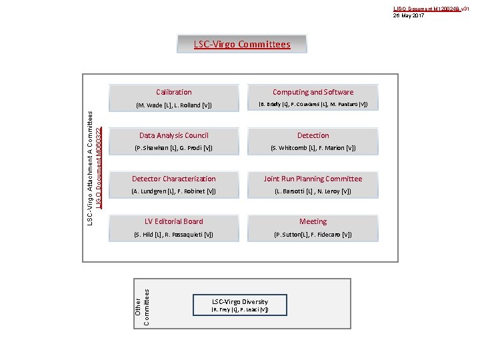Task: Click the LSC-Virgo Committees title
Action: (x=242, y=45)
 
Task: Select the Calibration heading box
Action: (x=173, y=92)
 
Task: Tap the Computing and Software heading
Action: (x=313, y=92)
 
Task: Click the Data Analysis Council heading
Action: (x=173, y=135)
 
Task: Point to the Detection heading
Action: (x=313, y=135)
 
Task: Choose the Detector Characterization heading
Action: (x=173, y=179)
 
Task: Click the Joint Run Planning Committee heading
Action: (x=313, y=179)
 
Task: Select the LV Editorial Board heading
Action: (x=173, y=221)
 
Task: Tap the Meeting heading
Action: (x=313, y=221)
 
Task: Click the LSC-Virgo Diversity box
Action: (x=240, y=305)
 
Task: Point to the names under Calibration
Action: (x=173, y=105)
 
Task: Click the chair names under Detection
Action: (x=313, y=148)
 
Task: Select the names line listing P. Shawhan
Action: (x=173, y=148)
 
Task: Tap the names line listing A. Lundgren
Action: (x=173, y=191)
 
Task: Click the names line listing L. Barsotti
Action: (x=313, y=191)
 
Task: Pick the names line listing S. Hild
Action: (x=173, y=235)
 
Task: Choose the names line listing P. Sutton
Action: (x=313, y=235)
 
